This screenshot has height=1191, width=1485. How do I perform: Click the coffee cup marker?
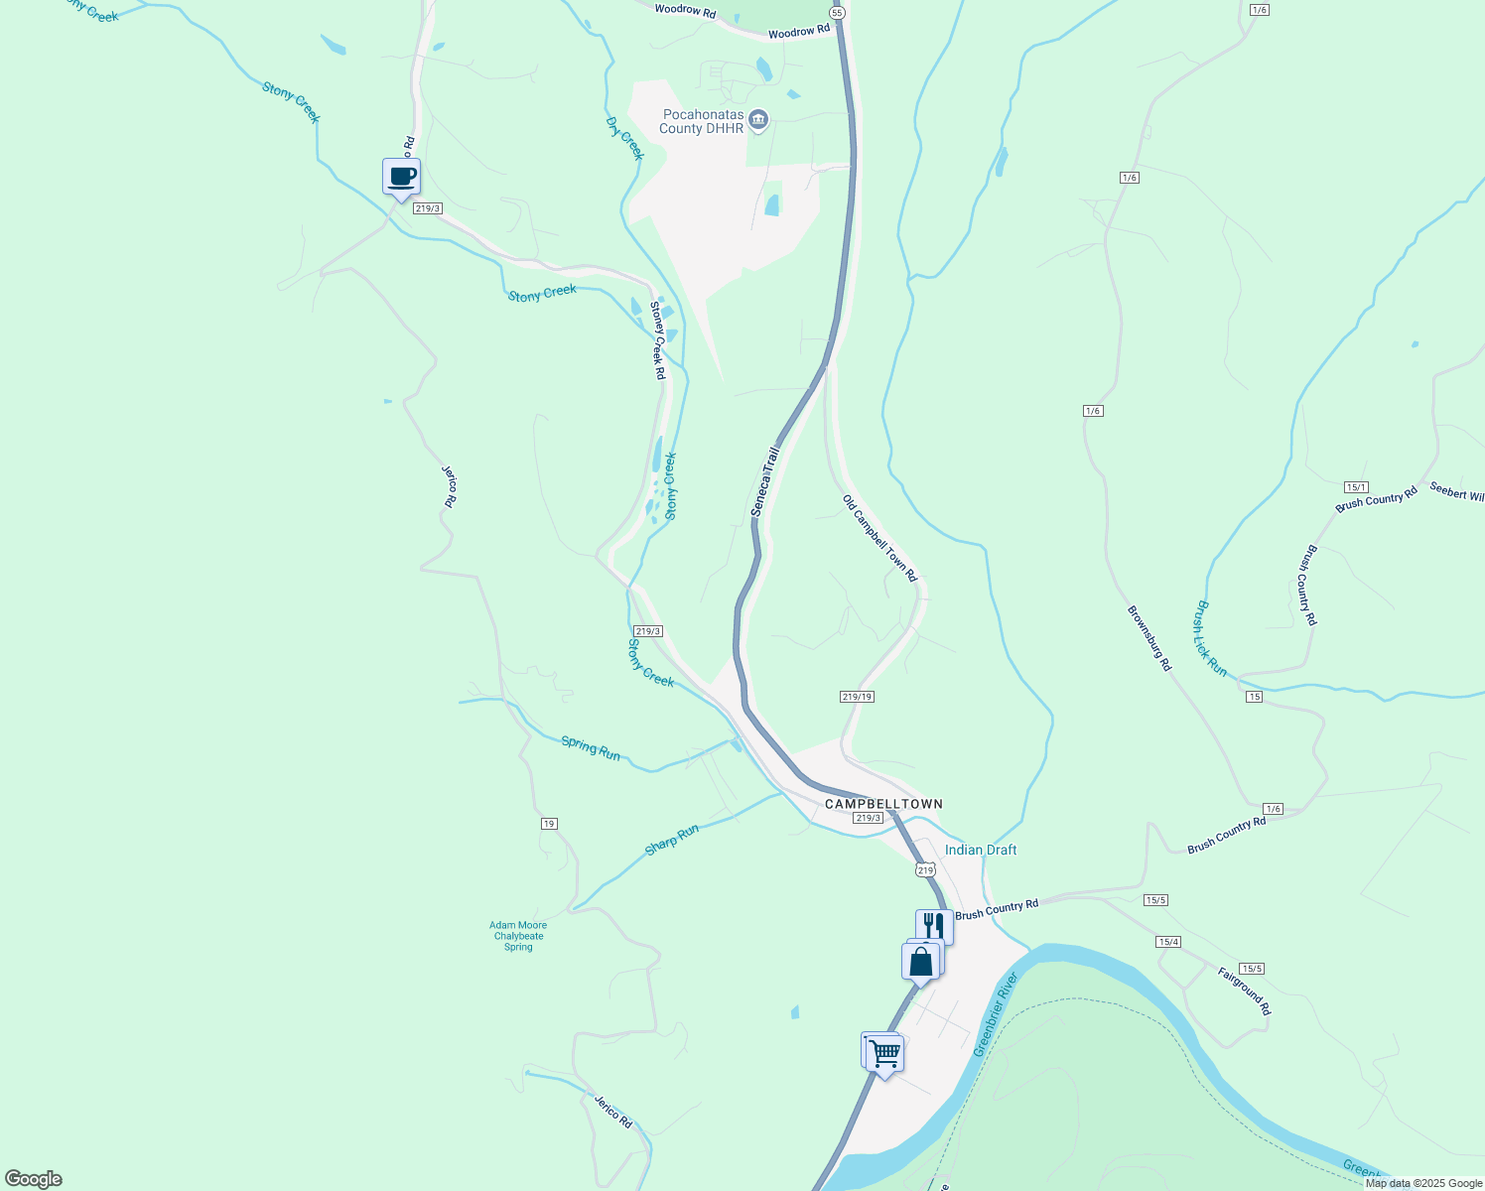point(401,178)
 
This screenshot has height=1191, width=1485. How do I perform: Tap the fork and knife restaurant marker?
point(934,926)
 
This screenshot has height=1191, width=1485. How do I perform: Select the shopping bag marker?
point(920,962)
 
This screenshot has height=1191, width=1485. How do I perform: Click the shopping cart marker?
point(883,1053)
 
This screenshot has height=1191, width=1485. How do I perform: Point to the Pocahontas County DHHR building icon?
point(758,120)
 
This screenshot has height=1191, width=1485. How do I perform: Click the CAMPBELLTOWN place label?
point(883,804)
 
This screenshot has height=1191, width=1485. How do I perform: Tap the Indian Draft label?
point(981,850)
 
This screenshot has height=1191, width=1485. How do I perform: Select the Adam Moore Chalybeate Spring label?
point(518,936)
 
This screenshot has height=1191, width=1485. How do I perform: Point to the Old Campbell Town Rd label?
point(879,538)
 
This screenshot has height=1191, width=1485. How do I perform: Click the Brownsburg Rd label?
point(1149,638)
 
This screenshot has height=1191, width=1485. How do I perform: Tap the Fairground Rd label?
point(1244,991)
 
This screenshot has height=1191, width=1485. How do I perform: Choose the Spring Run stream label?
point(591,748)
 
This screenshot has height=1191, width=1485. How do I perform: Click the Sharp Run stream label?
point(672,840)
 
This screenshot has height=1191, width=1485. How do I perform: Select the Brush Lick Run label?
point(1211,638)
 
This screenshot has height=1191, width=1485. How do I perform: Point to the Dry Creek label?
point(624,138)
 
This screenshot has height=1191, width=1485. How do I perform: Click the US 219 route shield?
point(925,870)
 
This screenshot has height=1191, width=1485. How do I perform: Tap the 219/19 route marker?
point(857,697)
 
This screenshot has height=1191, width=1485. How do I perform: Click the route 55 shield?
point(837,13)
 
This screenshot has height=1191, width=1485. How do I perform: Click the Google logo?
point(33,1179)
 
